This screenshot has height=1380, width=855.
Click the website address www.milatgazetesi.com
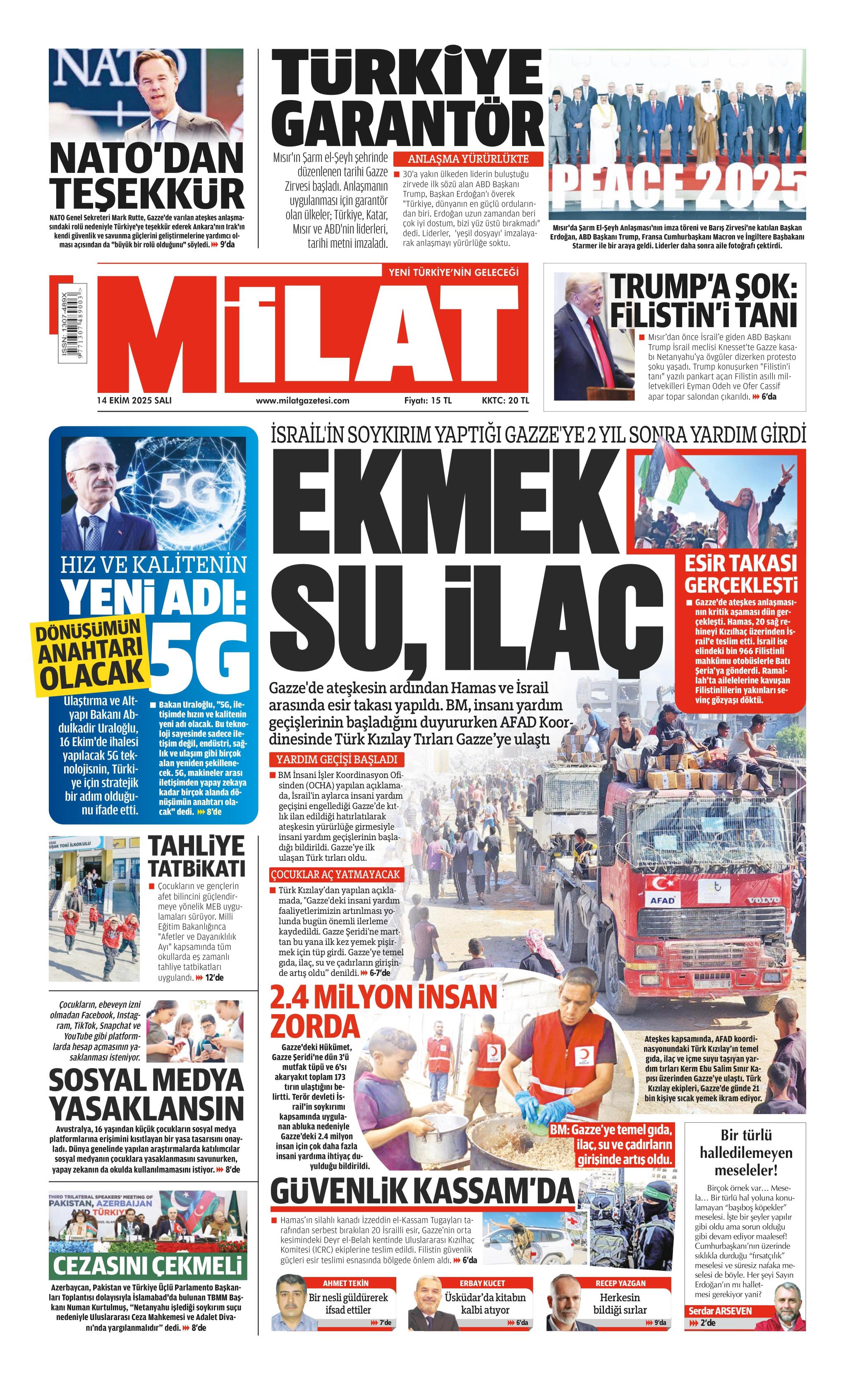tap(302, 400)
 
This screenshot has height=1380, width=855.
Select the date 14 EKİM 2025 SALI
tap(134, 400)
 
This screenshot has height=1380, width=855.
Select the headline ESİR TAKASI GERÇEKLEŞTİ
tap(741, 572)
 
